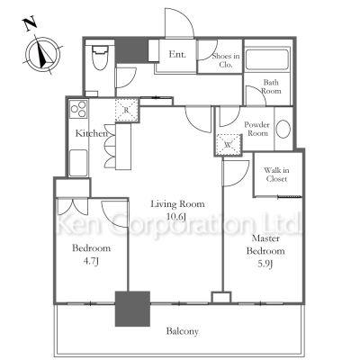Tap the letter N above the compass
click(x=30, y=23)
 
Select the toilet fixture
click(x=100, y=58)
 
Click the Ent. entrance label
click(x=177, y=54)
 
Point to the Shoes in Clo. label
click(x=226, y=59)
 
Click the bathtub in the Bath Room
click(x=267, y=59)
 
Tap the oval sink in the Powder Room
click(x=283, y=130)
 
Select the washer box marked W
click(x=229, y=144)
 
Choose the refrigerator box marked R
click(x=127, y=110)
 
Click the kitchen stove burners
click(x=78, y=109)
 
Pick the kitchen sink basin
click(x=78, y=163)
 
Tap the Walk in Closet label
click(x=276, y=175)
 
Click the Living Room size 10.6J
click(x=177, y=216)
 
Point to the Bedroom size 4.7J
click(x=91, y=261)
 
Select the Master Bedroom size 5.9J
click(x=265, y=264)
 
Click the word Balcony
click(x=183, y=331)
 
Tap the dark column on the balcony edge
click(x=132, y=309)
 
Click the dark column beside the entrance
click(x=132, y=51)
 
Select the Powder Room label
click(x=256, y=129)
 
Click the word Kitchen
click(x=91, y=133)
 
